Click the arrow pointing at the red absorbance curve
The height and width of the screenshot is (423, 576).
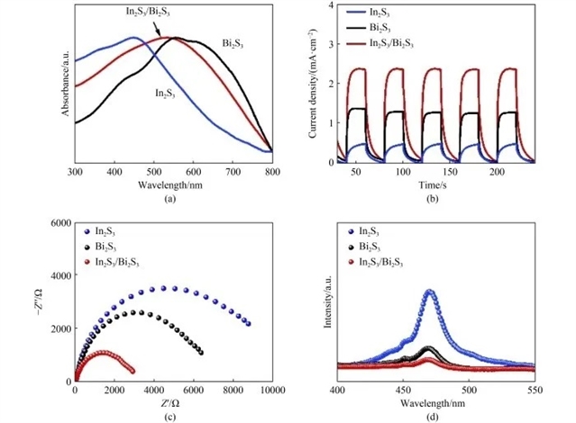click(x=160, y=32)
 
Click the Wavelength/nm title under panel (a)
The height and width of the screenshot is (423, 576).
click(x=173, y=184)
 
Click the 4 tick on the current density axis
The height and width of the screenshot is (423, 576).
click(x=331, y=5)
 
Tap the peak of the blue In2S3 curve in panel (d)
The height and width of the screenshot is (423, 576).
click(x=430, y=292)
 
